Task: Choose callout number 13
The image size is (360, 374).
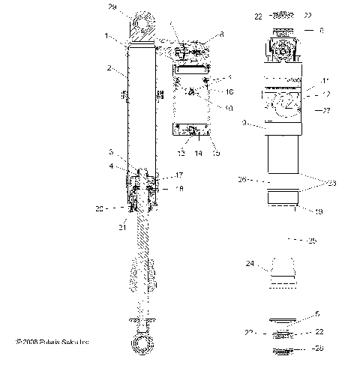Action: tap(180, 153)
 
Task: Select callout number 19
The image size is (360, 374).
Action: tap(319, 212)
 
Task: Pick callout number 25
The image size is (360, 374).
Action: tap(313, 241)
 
